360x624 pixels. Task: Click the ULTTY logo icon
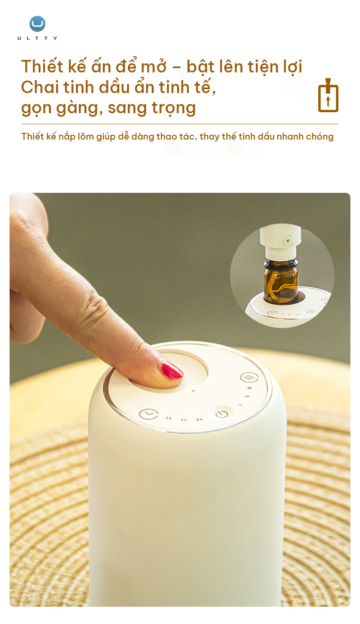pyautogui.click(x=37, y=24)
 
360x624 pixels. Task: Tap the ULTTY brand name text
pyautogui.click(x=37, y=38)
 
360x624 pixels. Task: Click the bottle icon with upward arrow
pyautogui.click(x=328, y=95)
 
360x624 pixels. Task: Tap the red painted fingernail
pyautogui.click(x=171, y=370)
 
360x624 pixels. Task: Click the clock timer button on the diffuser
pyautogui.click(x=148, y=413)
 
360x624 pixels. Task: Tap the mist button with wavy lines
pyautogui.click(x=249, y=377)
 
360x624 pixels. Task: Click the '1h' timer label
pyautogui.click(x=168, y=418)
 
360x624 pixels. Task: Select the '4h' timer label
pyautogui.click(x=184, y=420)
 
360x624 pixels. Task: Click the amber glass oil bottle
pyautogui.click(x=281, y=283)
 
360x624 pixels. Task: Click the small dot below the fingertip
pyautogui.click(x=193, y=390)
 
